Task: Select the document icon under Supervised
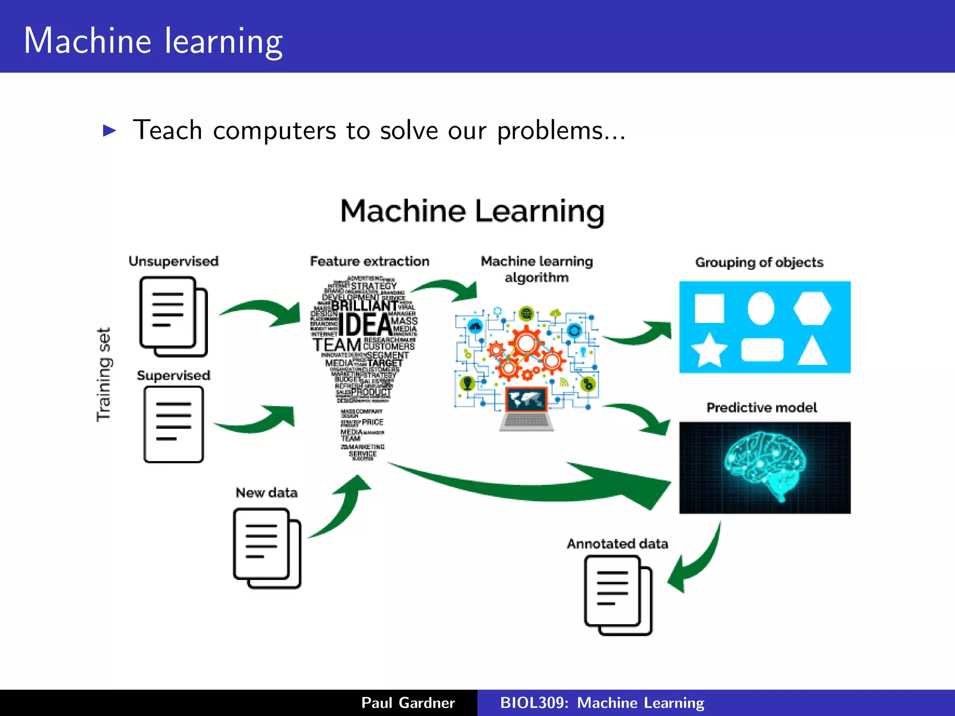click(x=173, y=424)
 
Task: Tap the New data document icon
click(x=267, y=548)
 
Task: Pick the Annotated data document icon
click(x=617, y=595)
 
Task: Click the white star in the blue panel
click(x=709, y=350)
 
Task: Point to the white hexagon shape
click(x=812, y=308)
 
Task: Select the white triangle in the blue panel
click(x=812, y=351)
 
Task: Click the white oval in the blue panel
click(x=761, y=308)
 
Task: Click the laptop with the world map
click(x=526, y=408)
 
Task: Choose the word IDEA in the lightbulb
click(x=365, y=324)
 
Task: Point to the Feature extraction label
click(x=369, y=261)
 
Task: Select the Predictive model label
click(x=761, y=407)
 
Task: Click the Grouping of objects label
click(x=759, y=262)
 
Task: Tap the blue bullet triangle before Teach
click(x=109, y=131)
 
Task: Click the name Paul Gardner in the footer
click(x=408, y=702)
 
